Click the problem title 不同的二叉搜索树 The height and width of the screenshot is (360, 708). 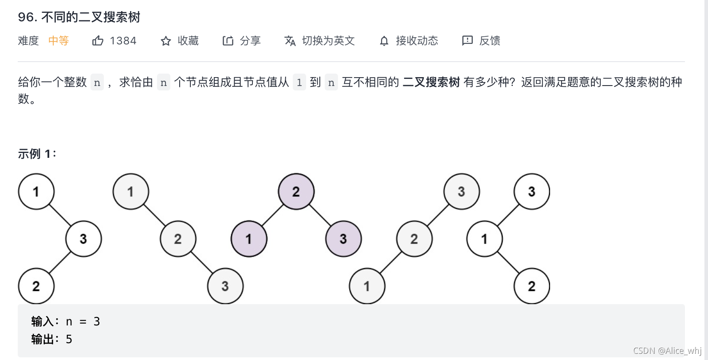[90, 17]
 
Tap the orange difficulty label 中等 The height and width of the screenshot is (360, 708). [59, 41]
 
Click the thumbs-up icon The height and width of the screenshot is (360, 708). [98, 41]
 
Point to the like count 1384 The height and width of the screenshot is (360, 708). [123, 41]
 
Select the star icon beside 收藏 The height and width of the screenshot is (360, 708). [166, 41]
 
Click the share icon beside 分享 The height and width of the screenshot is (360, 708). [228, 41]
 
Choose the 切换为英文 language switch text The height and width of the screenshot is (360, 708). [328, 41]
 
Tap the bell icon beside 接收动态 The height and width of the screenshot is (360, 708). [384, 41]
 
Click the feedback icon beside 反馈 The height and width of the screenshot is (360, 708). [467, 41]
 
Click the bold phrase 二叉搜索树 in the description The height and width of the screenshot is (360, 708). [431, 82]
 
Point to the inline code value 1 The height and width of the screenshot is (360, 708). [299, 82]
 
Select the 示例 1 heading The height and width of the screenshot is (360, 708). [37, 154]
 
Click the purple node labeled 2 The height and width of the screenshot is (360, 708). [296, 192]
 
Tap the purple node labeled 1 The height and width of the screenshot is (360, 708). [249, 239]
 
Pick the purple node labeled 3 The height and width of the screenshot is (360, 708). [343, 239]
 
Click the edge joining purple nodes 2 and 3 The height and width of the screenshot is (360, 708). [320, 215]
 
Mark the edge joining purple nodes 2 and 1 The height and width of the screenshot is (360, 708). [272, 215]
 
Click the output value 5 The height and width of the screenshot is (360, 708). [69, 339]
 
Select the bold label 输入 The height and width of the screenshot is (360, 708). [43, 321]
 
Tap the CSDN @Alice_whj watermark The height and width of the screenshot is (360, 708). [667, 351]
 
